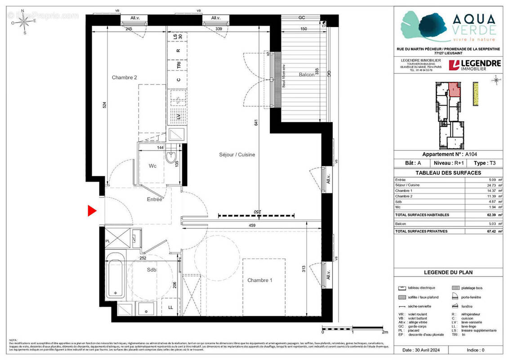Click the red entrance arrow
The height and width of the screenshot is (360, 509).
(x=92, y=211)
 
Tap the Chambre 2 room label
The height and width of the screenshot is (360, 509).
(x=124, y=77)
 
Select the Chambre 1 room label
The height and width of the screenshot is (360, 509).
(x=259, y=280)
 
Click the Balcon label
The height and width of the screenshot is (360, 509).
(x=307, y=75)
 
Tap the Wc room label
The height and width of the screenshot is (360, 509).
(x=152, y=166)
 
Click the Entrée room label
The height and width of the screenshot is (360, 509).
(x=154, y=199)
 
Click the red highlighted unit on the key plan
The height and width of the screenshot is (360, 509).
(x=455, y=90)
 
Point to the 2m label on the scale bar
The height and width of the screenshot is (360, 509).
(x=384, y=332)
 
